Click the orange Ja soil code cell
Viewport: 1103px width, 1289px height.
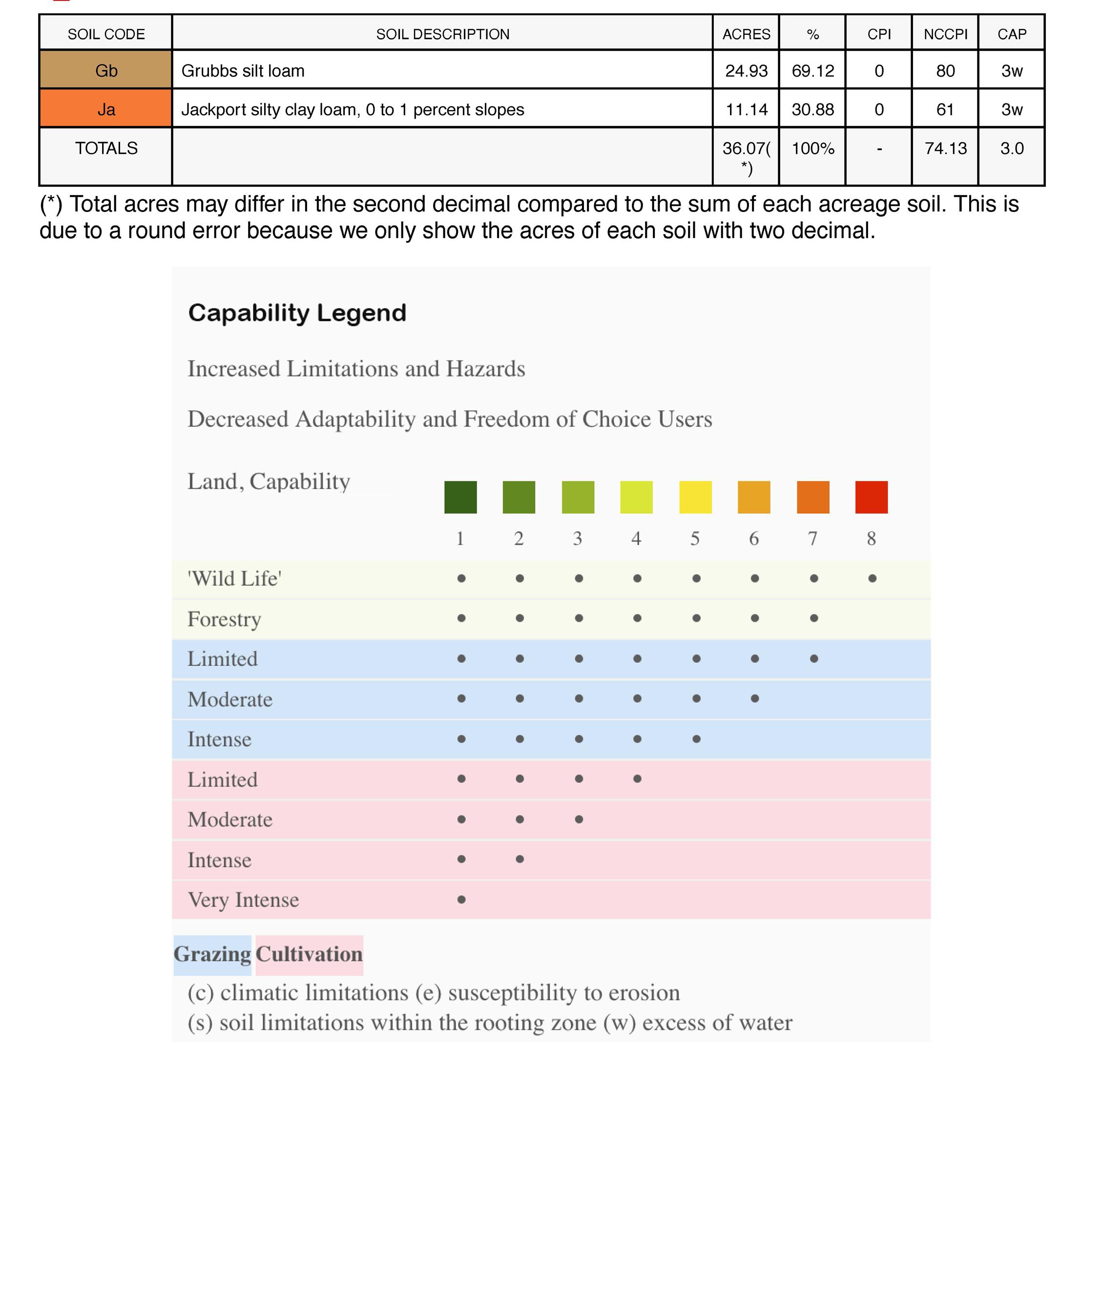click(x=105, y=109)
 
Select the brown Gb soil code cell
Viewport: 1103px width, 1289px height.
click(x=105, y=70)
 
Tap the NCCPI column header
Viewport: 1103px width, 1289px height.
click(x=945, y=34)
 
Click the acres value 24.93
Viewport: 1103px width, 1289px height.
click(x=746, y=70)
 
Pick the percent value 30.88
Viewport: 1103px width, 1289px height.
click(x=812, y=109)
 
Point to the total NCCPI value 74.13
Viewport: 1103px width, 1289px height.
click(x=945, y=148)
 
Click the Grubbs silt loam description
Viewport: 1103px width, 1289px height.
click(x=243, y=70)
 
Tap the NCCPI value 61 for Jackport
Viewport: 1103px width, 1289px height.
click(x=945, y=109)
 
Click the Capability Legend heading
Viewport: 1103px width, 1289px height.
click(x=297, y=312)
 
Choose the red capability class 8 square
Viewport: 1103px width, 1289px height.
click(x=871, y=497)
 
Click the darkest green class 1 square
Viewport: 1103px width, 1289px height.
click(x=460, y=497)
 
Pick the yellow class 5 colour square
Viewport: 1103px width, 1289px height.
click(x=695, y=497)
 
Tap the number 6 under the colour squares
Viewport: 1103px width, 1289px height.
click(x=753, y=538)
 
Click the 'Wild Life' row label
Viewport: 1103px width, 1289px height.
click(x=234, y=579)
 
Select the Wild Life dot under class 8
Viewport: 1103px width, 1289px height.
click(x=872, y=579)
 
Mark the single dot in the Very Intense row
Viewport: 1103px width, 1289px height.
click(x=461, y=900)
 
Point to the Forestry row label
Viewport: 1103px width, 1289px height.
click(x=225, y=619)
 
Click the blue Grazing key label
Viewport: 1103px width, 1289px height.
click(x=212, y=954)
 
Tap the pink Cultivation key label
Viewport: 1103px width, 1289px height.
click(x=309, y=954)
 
